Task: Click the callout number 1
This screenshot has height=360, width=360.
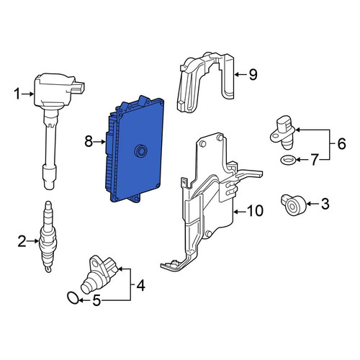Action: [x=17, y=94]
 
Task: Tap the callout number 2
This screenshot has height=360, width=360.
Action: [x=22, y=241]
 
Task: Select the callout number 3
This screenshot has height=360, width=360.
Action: [x=325, y=204]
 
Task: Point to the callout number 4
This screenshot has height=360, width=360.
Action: [x=140, y=286]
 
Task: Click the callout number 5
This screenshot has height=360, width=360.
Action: [x=96, y=300]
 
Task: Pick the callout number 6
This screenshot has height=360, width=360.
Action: [x=341, y=144]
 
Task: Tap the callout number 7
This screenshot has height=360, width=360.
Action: [x=315, y=160]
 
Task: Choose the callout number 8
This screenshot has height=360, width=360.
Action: [x=89, y=142]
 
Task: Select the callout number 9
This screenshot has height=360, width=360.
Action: [x=253, y=74]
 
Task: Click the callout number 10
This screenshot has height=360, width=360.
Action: [x=255, y=211]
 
